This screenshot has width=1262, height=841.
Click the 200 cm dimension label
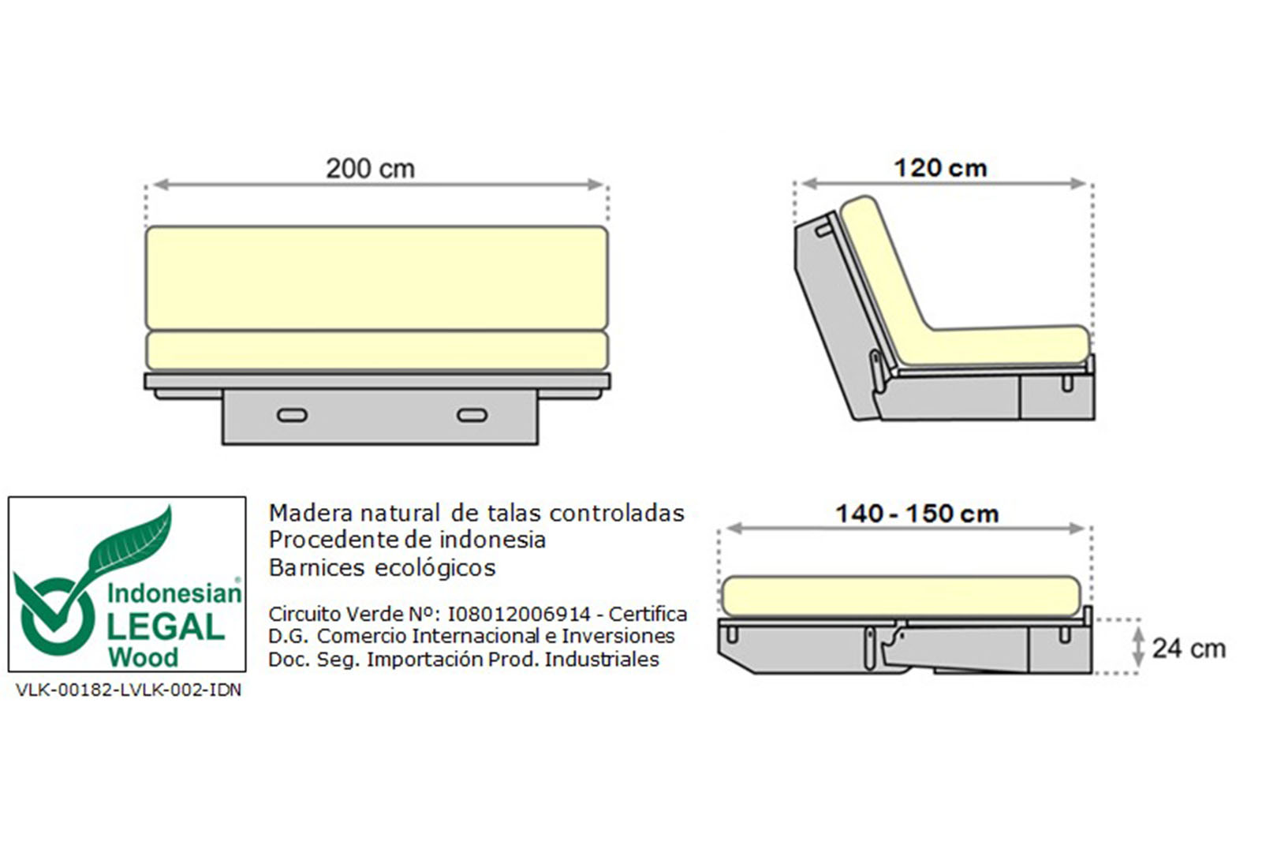point(370,169)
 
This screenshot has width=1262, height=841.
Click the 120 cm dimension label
point(940,169)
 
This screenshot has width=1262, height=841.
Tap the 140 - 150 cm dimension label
point(917,514)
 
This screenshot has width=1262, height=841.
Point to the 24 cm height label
point(1189,649)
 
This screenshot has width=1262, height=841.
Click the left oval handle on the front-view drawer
point(293,416)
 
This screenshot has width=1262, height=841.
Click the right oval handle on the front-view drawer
point(472,416)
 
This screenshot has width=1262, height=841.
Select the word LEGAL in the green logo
point(166,627)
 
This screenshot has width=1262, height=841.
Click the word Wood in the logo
point(143,658)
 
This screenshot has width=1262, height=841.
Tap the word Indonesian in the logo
point(174,593)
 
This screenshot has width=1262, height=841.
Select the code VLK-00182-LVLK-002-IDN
point(129,690)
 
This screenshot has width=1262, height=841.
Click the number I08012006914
point(519,614)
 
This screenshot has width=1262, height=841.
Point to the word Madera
point(312,514)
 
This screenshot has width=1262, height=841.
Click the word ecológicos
point(435,568)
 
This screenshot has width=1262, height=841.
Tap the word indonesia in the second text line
point(492,540)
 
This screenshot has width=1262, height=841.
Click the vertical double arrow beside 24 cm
point(1139,647)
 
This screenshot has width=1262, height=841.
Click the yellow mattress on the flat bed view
point(901,596)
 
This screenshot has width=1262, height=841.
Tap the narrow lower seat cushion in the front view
point(377,350)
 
